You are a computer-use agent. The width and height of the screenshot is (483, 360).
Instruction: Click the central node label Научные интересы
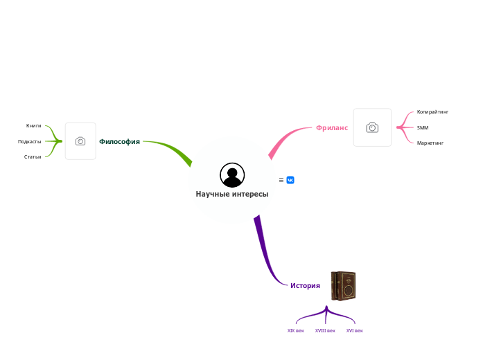pos(231,195)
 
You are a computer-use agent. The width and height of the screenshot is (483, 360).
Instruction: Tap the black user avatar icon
pos(231,175)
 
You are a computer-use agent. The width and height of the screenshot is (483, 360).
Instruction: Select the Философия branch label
pos(119,141)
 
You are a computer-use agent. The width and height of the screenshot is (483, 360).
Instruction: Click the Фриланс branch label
pos(332,127)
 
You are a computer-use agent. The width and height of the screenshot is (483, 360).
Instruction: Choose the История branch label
pos(305,285)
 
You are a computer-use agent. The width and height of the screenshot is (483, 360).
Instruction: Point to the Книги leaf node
pos(33,125)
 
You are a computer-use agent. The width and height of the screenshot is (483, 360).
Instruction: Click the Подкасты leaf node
pos(30,141)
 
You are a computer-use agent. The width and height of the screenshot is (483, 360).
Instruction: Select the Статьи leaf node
pos(33,156)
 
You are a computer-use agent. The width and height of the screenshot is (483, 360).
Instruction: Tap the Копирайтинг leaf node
pos(432,111)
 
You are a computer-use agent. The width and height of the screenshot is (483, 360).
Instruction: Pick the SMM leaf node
pos(423,127)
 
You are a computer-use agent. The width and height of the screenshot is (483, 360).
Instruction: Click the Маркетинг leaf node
pos(430,143)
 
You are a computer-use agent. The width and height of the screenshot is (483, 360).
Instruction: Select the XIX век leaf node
pos(296,331)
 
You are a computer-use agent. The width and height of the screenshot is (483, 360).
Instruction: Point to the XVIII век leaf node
pos(325,331)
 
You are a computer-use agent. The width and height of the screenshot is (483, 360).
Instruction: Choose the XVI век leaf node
pos(355,331)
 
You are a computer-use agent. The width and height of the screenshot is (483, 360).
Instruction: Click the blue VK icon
pos(290,180)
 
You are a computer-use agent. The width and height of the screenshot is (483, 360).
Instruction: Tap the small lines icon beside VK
pos(281,180)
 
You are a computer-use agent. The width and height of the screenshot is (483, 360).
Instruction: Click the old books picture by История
pos(343,286)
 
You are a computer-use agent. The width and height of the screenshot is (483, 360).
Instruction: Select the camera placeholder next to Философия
pos(80,141)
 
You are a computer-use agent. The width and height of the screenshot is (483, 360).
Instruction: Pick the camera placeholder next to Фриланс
pos(372,127)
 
